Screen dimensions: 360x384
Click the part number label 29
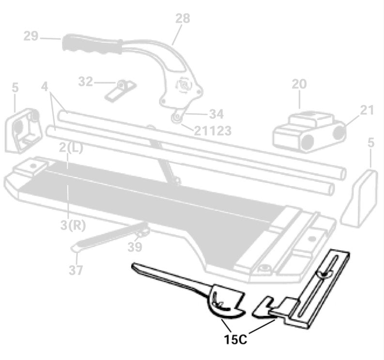pos(31,37)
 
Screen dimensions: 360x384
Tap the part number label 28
pos(183,19)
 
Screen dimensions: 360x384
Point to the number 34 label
pos(216,114)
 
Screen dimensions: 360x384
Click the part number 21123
pos(213,130)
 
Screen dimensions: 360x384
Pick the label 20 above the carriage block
pos(299,84)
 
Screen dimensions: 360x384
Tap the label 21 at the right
pos(367,110)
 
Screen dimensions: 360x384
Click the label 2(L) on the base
pos(71,148)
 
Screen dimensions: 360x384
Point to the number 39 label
pos(135,247)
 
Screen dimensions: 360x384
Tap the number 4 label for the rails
pos(45,88)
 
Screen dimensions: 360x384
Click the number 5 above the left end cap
pos(15,88)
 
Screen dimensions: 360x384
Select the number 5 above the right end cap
pos(370,143)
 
